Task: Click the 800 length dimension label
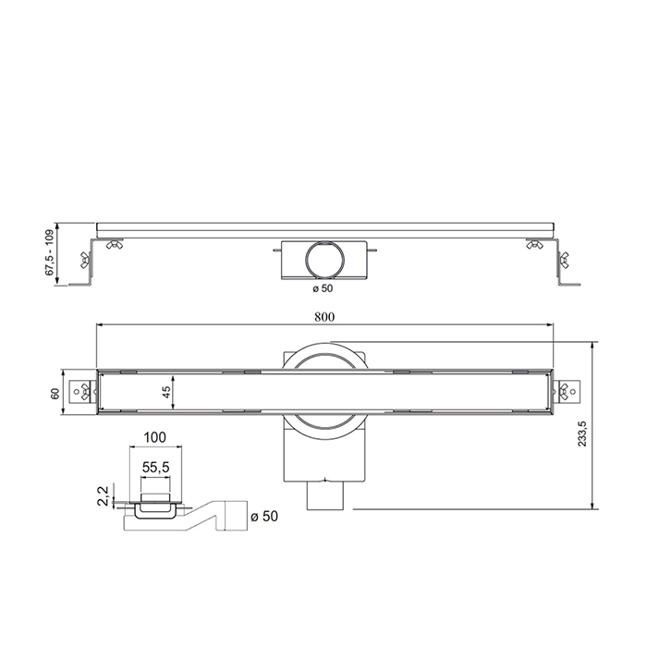tap(323, 315)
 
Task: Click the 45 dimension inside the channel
tap(166, 393)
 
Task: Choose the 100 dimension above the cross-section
tap(154, 435)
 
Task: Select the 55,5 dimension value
tap(154, 470)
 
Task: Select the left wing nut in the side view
tap(115, 245)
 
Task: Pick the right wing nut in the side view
tap(534, 245)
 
